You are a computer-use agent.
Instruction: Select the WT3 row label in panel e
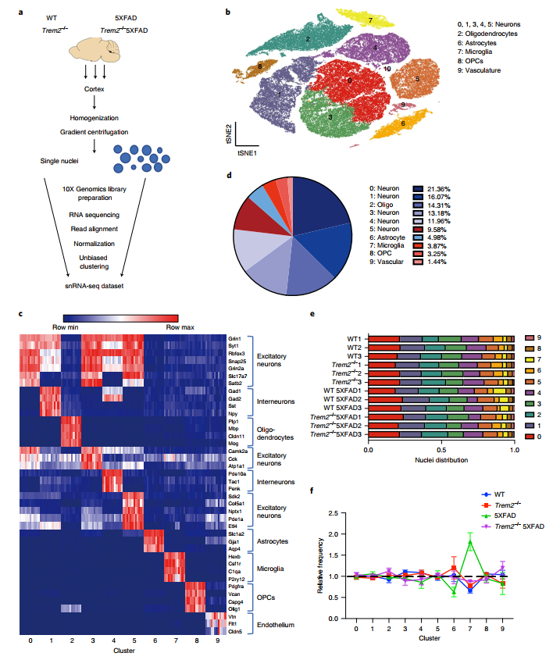pyautogui.click(x=355, y=355)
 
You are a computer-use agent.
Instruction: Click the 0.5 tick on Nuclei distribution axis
pyautogui.click(x=441, y=450)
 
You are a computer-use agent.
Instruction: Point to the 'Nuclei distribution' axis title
pyautogui.click(x=441, y=460)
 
